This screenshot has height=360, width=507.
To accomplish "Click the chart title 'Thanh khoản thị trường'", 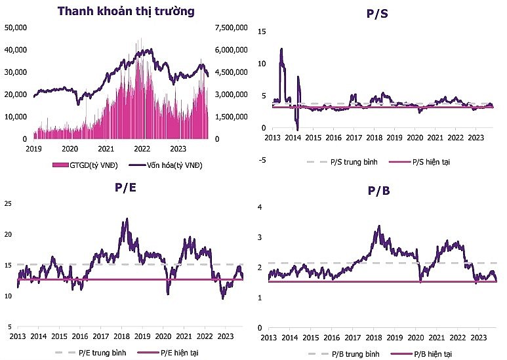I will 126,11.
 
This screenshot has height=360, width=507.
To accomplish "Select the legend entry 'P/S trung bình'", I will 348,161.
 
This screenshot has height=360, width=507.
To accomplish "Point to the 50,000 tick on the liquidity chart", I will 15,28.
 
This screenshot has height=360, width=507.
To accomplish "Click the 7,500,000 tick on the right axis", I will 231,28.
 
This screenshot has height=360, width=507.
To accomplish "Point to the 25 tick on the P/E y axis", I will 7,205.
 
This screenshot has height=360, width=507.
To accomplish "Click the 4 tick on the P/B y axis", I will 260,207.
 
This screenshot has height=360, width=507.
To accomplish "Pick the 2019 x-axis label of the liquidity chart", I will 34,149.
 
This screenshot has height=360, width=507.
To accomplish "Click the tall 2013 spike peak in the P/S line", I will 281,49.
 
